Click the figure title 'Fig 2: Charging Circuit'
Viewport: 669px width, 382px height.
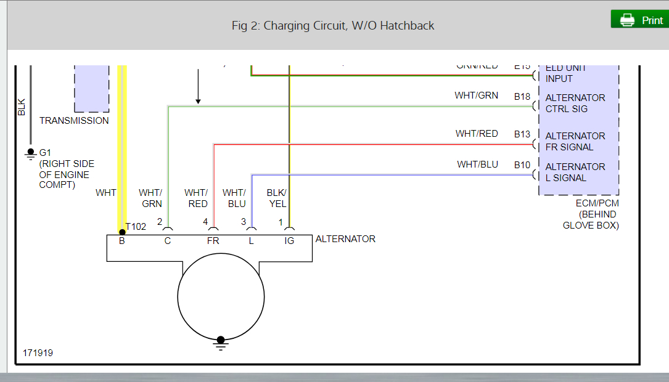coord(333,25)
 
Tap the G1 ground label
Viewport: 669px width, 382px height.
coord(46,153)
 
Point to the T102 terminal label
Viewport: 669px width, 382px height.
coord(136,227)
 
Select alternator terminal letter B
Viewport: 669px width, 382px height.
coord(122,241)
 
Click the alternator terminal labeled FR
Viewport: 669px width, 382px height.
coord(213,241)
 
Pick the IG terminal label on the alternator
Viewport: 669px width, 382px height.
coord(289,241)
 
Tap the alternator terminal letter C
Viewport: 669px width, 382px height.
coord(168,241)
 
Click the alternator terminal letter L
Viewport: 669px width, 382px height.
coord(251,241)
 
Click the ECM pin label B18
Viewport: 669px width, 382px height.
coord(522,97)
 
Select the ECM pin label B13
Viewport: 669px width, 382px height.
coord(522,134)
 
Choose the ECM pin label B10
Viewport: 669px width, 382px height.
coord(522,165)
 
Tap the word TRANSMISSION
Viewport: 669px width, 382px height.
coord(74,121)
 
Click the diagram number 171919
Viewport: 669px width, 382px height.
coord(38,353)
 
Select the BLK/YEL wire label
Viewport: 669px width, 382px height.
coord(277,198)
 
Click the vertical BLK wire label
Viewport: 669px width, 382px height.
coord(22,108)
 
